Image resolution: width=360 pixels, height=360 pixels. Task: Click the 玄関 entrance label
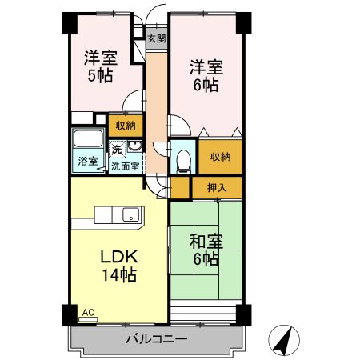[x=157, y=39]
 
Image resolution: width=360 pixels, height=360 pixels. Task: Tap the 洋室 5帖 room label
[x=101, y=66]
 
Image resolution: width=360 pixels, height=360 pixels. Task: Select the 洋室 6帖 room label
[x=206, y=76]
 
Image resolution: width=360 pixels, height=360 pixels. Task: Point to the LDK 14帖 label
[x=119, y=266]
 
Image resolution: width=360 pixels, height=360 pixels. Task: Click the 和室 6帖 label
[x=206, y=250]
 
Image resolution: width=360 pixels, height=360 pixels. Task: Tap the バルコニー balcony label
[x=157, y=339]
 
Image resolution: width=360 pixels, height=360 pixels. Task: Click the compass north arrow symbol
[x=284, y=341]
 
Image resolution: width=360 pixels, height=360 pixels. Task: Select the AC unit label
[x=88, y=312]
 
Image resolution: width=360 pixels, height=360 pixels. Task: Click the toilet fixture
[x=184, y=161]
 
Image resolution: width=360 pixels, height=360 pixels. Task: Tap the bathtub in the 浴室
[x=88, y=138]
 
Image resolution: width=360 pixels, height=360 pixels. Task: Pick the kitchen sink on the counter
[x=130, y=214]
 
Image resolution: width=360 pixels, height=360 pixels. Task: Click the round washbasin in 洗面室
[x=134, y=146]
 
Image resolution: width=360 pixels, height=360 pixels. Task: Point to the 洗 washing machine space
[x=117, y=150]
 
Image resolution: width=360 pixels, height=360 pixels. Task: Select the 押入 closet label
[x=217, y=188]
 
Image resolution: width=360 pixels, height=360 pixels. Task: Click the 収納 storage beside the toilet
[x=220, y=157]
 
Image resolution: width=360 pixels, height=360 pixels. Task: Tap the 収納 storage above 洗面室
[x=126, y=126]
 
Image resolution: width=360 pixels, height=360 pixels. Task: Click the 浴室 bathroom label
[x=88, y=161]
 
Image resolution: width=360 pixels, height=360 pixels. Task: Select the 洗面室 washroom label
[x=126, y=166]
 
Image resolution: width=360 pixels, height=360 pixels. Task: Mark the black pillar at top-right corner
[x=244, y=23]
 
